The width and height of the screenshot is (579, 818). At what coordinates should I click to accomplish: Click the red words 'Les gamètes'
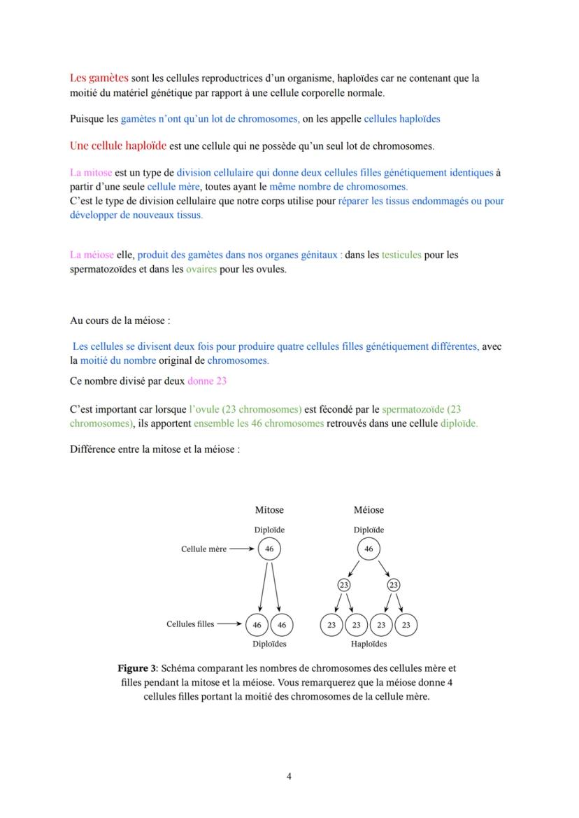(99, 78)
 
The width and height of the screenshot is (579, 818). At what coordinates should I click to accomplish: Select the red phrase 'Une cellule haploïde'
(117, 146)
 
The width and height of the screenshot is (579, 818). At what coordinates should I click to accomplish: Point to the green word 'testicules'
(401, 255)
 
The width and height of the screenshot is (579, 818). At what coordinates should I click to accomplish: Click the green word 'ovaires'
(201, 269)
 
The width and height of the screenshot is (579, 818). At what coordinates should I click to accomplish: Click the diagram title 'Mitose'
(269, 510)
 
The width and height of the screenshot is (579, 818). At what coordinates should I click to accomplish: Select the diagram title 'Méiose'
(369, 510)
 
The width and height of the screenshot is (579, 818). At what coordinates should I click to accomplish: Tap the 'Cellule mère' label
(203, 549)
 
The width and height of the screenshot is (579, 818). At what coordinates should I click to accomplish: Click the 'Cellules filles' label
(190, 623)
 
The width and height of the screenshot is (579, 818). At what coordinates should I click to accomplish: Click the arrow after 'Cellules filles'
(230, 623)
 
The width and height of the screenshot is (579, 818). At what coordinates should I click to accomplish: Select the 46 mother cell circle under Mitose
(269, 549)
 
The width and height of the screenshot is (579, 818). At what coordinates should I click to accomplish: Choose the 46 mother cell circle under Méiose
(369, 549)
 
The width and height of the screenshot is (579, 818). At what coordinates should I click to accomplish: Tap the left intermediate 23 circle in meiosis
(343, 585)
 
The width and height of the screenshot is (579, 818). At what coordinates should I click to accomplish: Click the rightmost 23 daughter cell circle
(406, 625)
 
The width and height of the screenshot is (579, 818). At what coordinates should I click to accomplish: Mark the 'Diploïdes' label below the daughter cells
(269, 644)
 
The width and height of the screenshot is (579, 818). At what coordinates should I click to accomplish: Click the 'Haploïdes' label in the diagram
(369, 644)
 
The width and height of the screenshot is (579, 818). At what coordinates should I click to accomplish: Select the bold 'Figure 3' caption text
(138, 668)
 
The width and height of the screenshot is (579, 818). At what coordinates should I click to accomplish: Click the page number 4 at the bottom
(289, 775)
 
